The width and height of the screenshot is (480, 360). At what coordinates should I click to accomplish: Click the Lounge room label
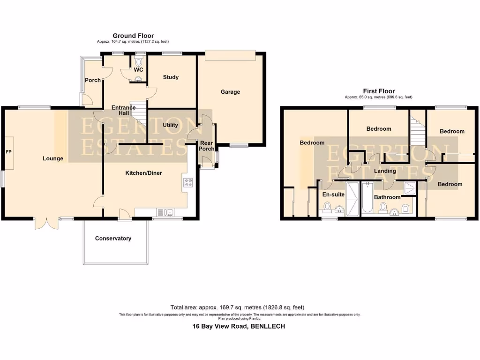point(53,158)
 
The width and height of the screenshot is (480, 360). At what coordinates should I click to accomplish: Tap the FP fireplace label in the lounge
point(8,152)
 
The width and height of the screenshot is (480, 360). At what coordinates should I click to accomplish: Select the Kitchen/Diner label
point(143,173)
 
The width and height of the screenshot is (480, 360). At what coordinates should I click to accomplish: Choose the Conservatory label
point(113,239)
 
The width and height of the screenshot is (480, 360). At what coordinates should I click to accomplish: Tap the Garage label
point(230,92)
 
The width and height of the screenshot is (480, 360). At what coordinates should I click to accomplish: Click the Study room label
point(171,77)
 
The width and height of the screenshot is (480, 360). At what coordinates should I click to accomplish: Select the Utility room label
point(170,125)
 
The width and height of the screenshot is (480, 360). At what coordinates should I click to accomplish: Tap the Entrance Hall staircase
point(139,114)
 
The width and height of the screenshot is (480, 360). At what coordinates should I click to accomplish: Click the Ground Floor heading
point(133,36)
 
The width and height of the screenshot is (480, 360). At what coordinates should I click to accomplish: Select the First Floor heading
point(379,91)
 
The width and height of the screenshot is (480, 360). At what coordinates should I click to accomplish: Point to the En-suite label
point(333,194)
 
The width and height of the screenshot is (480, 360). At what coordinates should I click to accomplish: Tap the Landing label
point(385,171)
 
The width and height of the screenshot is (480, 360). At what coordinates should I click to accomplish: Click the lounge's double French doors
point(46,223)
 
